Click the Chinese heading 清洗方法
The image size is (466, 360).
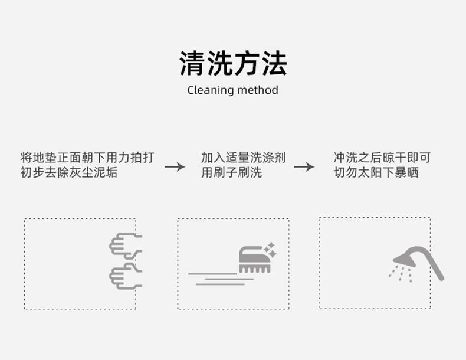[233, 64]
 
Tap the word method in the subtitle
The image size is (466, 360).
[257, 90]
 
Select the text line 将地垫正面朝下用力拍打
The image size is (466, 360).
[87, 158]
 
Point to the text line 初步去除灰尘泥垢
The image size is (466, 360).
[68, 173]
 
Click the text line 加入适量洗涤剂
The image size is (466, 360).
[243, 158]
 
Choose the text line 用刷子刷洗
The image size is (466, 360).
[231, 173]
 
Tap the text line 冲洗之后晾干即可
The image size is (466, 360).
[382, 158]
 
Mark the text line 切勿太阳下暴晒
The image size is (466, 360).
[376, 173]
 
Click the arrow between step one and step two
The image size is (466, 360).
[175, 166]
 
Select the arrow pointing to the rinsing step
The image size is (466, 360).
[304, 166]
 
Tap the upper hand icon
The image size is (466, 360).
[125, 245]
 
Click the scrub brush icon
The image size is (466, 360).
[255, 260]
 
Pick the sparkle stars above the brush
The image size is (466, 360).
[270, 248]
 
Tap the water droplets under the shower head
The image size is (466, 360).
[399, 273]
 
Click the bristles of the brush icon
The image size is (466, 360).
[254, 267]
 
